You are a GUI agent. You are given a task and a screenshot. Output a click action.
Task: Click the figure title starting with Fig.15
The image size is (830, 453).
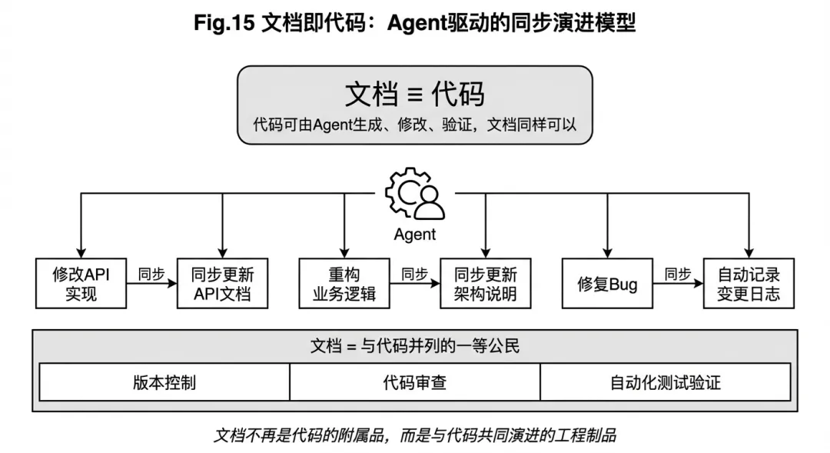point(414,23)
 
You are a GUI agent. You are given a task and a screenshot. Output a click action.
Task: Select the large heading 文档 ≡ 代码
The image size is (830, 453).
point(414,95)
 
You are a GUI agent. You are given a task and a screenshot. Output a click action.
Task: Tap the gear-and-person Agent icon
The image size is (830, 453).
point(415,193)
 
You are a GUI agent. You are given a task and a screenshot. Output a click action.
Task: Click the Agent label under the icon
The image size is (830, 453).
point(414,234)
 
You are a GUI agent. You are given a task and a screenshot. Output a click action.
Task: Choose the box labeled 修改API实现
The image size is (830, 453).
point(81,284)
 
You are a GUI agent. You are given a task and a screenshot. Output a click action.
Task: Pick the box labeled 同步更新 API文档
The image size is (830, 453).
point(222,284)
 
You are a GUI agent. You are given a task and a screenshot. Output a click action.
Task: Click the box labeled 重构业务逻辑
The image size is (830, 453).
point(344,284)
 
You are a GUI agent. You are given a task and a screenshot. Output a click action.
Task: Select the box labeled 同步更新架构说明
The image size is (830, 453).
point(486,284)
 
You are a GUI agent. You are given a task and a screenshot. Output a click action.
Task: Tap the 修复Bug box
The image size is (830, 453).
point(607,284)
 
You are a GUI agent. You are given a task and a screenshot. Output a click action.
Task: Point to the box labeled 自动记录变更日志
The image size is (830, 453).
point(749,284)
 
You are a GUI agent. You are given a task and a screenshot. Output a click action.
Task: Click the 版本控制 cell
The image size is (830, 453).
point(164,382)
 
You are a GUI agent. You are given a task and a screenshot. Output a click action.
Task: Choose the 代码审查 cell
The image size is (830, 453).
point(415,382)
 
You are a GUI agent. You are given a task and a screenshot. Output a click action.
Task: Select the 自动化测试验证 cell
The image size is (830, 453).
point(666,382)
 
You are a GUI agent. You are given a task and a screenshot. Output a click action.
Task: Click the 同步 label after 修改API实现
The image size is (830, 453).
point(151,274)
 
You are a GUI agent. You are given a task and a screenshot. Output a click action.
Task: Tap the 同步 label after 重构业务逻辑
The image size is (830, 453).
point(414,274)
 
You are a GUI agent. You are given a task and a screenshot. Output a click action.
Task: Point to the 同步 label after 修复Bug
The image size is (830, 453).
point(678,274)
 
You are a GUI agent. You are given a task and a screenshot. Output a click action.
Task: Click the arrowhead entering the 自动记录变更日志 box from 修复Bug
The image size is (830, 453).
point(699,284)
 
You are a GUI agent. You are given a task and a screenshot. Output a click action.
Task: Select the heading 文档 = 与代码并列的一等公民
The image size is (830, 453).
point(415,346)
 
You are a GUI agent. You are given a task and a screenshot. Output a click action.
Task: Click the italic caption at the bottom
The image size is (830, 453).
point(414,435)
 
